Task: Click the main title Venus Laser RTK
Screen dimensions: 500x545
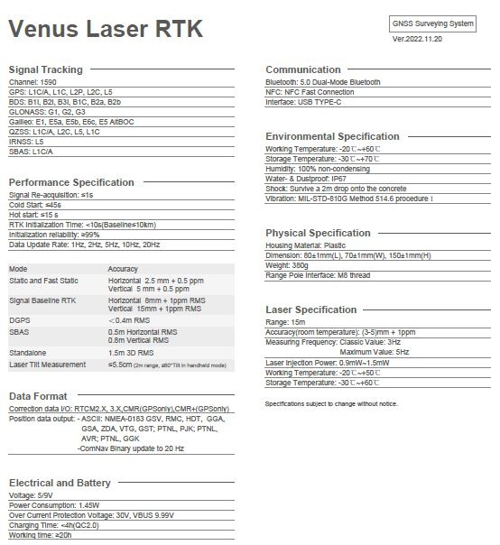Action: click(106, 29)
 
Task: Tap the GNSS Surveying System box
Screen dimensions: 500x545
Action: click(432, 23)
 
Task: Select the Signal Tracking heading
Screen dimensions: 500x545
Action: click(45, 69)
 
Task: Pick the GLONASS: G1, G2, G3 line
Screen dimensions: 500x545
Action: click(47, 112)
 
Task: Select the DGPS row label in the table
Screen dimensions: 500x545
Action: click(20, 319)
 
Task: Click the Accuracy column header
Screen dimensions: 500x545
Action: click(123, 269)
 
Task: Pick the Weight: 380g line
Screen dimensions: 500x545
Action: click(287, 265)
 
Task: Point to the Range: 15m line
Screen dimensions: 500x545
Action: click(285, 322)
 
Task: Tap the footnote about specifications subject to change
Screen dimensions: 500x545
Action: click(330, 403)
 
